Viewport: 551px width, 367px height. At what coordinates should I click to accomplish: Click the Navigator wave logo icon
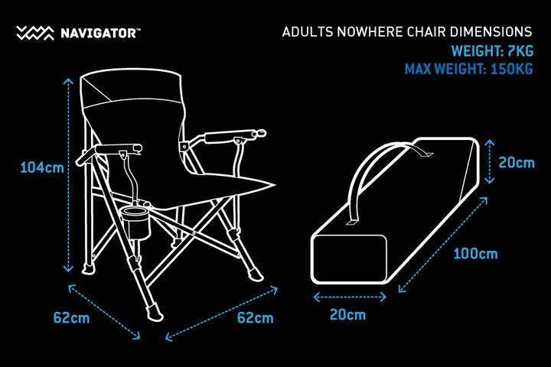click(x=35, y=33)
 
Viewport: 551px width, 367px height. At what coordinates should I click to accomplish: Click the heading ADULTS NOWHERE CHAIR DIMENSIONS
click(x=407, y=33)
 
